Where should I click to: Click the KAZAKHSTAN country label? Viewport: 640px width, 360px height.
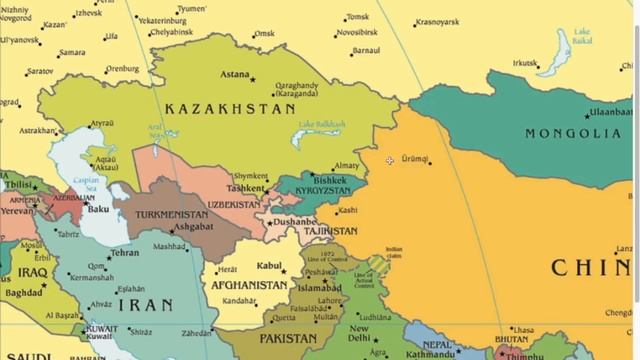[230, 108]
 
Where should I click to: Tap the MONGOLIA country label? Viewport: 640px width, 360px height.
[573, 133]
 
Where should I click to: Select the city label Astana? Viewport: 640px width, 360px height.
[235, 74]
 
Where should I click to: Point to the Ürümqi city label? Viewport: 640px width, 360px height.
[414, 159]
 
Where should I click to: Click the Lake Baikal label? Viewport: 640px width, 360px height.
[581, 36]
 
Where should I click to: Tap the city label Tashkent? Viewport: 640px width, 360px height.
[245, 188]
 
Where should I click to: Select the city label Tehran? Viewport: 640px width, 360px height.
[124, 253]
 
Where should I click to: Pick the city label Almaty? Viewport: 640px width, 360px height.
[346, 166]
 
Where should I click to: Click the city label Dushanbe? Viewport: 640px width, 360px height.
[294, 219]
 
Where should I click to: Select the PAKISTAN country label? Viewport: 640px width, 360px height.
[288, 339]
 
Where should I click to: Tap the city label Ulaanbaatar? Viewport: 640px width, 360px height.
[611, 112]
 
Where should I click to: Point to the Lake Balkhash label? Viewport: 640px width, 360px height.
[322, 124]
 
